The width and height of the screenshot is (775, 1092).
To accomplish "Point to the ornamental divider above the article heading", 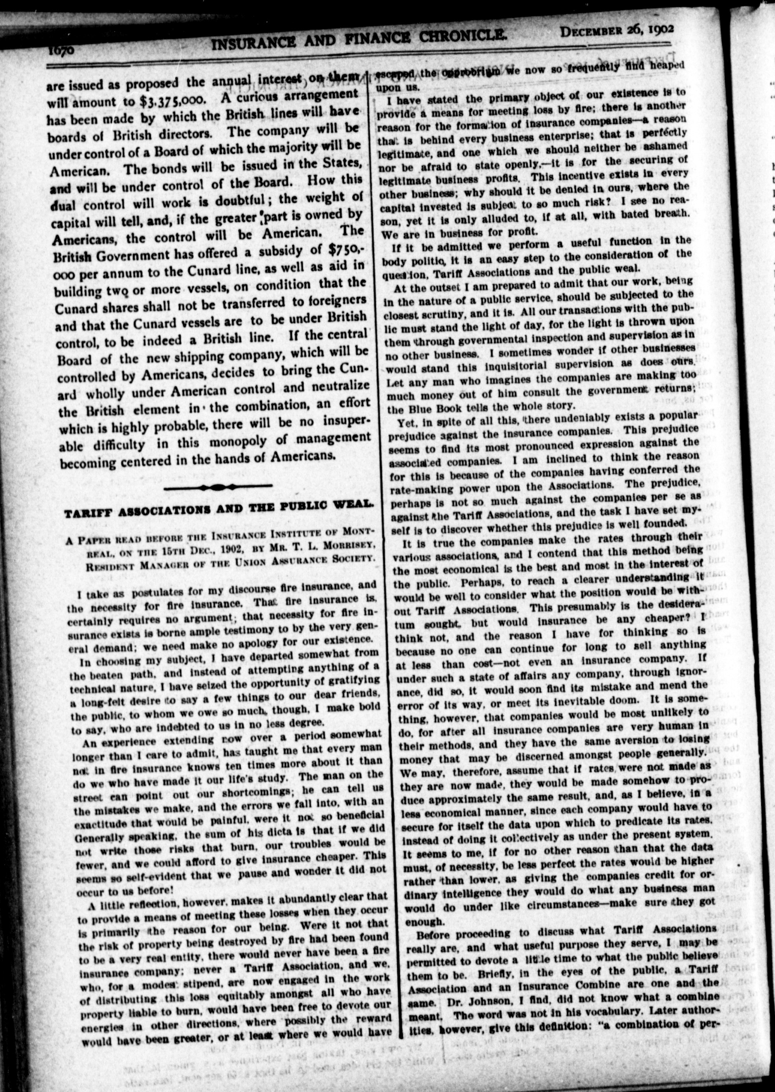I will (x=217, y=487).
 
